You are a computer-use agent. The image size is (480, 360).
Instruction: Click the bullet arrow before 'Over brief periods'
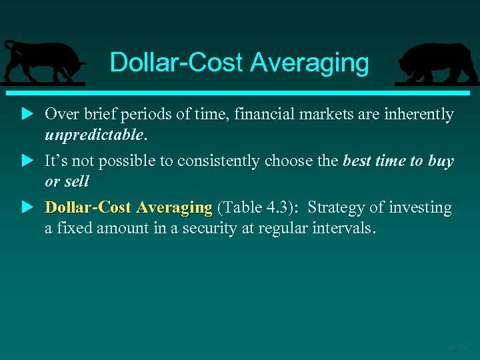click(x=27, y=115)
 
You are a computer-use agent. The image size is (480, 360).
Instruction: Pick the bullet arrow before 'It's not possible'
click(x=27, y=161)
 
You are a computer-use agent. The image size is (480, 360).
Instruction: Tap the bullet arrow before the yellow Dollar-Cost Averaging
click(x=27, y=208)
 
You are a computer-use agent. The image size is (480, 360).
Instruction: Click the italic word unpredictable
click(x=94, y=135)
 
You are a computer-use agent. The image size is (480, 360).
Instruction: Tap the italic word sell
click(x=77, y=181)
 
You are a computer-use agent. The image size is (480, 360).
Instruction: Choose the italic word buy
click(x=441, y=161)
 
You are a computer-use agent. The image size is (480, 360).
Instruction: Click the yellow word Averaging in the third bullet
click(x=174, y=208)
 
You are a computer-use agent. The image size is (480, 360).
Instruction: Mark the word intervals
click(x=343, y=228)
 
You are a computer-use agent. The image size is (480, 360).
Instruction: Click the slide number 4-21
click(x=458, y=348)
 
